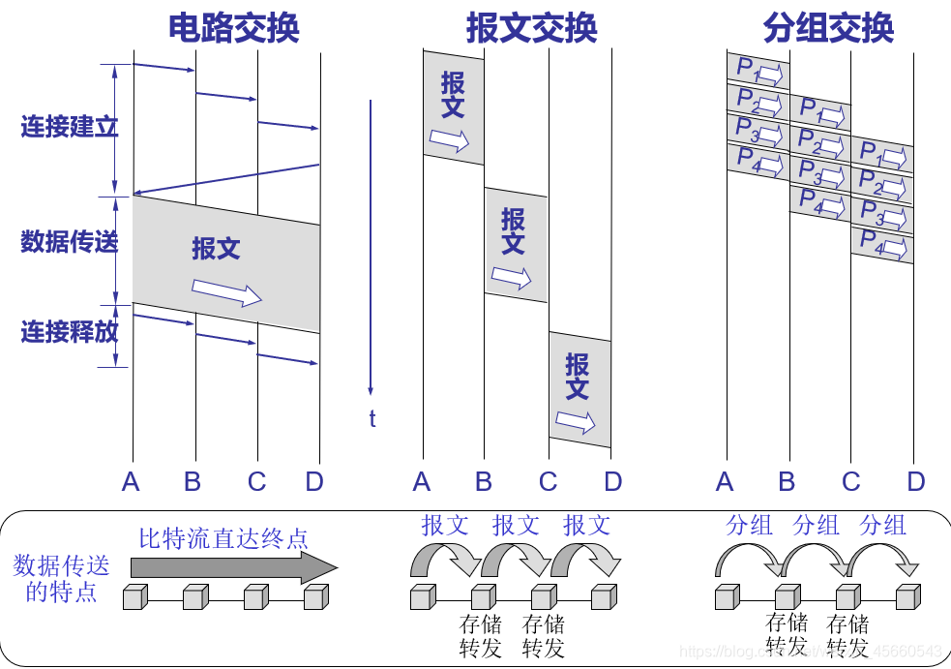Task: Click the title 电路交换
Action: pos(233,28)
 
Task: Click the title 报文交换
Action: pos(530,28)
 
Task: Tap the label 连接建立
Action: pos(69,127)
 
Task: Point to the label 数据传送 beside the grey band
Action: pos(69,241)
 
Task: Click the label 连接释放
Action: pos(69,332)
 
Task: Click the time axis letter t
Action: pos(371,419)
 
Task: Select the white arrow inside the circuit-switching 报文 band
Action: pos(226,291)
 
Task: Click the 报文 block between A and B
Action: pos(453,106)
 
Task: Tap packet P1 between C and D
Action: pos(882,156)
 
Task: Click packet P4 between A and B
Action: pos(758,161)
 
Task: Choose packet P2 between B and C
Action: pos(820,144)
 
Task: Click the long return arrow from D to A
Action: pos(225,179)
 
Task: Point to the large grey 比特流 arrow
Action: pos(232,567)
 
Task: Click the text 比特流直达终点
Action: pos(223,537)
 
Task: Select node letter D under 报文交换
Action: pos(613,481)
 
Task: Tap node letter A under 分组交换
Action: pos(725,481)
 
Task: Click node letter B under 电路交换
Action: pos(193,481)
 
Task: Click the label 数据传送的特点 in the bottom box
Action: pos(62,578)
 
